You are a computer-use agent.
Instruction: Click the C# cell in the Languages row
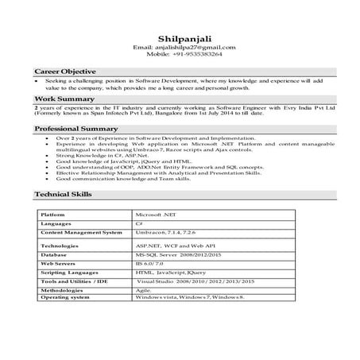tap(140, 225)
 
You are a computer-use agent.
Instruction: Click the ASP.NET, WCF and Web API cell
tap(175, 247)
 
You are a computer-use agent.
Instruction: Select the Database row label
tap(55, 254)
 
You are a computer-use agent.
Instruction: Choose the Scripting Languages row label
tap(70, 272)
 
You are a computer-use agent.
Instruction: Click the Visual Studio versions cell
tap(195, 282)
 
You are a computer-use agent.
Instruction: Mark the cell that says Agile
tap(144, 292)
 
